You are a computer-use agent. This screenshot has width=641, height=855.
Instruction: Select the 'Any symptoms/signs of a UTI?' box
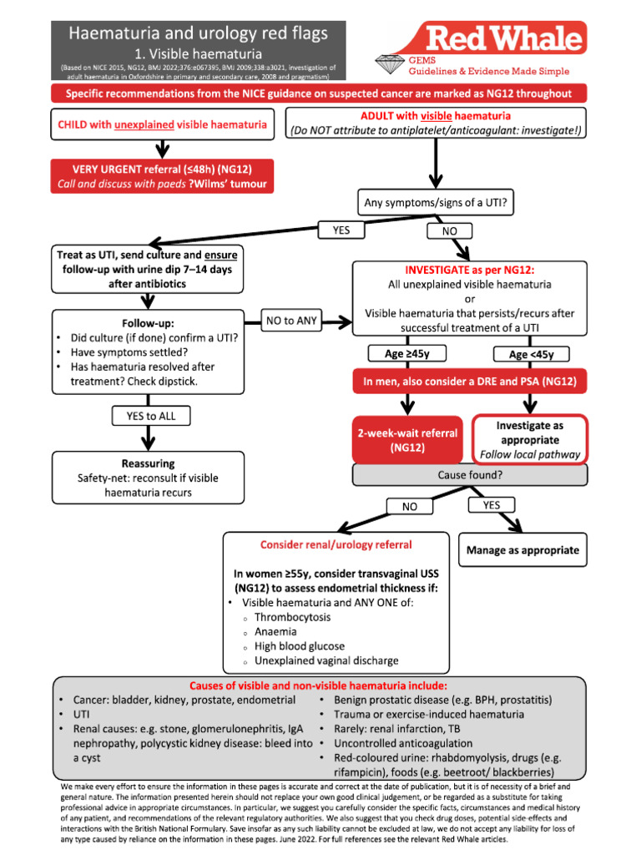(434, 202)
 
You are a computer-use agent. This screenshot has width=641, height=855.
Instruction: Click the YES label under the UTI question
(341, 230)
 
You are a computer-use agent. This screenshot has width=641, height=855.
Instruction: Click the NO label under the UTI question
(448, 230)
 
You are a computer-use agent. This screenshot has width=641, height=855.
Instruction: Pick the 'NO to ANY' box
(291, 321)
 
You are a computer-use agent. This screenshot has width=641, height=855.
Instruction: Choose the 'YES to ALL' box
(150, 416)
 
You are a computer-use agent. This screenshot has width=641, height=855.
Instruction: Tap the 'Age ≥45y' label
(407, 354)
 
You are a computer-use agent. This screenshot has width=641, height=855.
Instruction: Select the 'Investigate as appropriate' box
(530, 439)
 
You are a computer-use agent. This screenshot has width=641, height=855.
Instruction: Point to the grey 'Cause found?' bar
(470, 475)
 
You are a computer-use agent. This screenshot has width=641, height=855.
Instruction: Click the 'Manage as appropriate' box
(522, 550)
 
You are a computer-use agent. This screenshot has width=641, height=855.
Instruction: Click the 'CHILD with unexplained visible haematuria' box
(163, 124)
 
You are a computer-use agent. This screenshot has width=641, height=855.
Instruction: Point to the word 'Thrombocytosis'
(292, 617)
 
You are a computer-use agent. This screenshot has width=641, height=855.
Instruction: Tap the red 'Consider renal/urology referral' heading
(336, 544)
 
